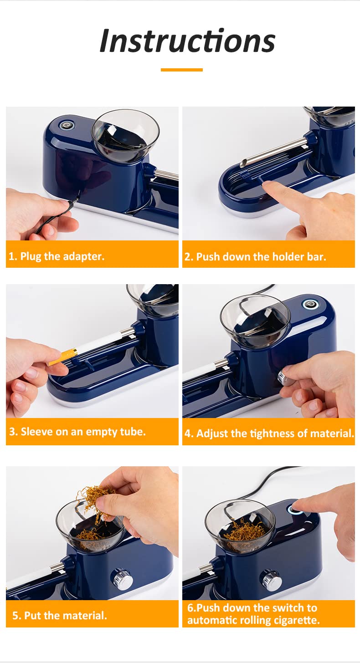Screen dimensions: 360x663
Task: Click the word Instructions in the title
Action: [187, 41]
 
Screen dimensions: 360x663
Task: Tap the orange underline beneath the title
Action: [182, 70]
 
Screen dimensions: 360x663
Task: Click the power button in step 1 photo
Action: [67, 125]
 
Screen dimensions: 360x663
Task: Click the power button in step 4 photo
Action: [310, 304]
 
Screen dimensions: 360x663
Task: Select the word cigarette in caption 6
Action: [296, 620]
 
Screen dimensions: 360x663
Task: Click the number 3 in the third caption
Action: [12, 432]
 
